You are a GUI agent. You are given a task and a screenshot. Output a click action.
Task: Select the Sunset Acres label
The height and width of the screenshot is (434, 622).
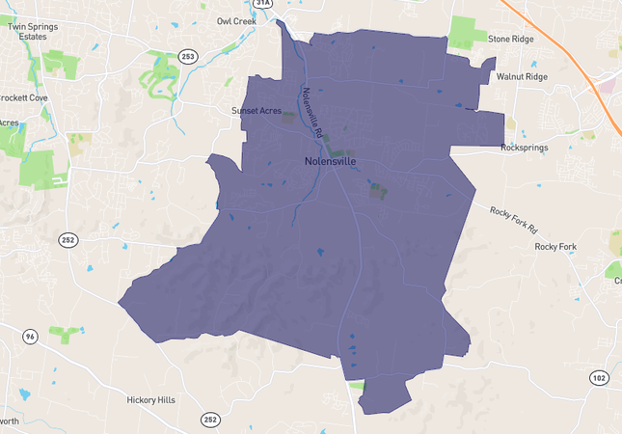point(256,111)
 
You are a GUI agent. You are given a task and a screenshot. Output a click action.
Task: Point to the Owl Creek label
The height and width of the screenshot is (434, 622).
point(236,20)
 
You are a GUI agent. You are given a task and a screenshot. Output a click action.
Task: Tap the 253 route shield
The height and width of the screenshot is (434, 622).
point(187,57)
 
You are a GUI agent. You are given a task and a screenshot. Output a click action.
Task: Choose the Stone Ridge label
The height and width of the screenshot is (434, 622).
point(510,40)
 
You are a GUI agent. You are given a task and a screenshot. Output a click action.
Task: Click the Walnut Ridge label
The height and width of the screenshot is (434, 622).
point(521,76)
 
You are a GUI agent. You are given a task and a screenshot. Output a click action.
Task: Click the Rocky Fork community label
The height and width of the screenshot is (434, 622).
point(554,247)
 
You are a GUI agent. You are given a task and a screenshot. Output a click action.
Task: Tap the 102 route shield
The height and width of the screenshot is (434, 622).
point(599,378)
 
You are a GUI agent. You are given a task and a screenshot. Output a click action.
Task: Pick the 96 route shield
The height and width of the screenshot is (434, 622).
point(31,337)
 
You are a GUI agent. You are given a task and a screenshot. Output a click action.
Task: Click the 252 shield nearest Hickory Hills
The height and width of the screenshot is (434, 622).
point(210,420)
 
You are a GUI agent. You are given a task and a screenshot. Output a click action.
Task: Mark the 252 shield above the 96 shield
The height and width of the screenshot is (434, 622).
point(67,240)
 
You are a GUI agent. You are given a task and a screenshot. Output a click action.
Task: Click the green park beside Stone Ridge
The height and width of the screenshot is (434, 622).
point(468,32)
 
